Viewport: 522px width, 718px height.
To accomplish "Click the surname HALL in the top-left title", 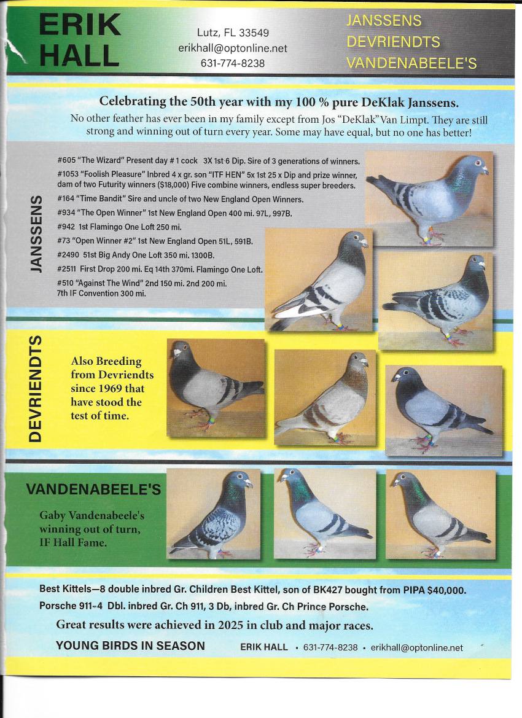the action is pyautogui.click(x=79, y=55).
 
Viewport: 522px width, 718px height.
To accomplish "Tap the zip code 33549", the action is pyautogui.click(x=254, y=33).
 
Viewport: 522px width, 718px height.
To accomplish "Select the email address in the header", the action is pyautogui.click(x=233, y=48).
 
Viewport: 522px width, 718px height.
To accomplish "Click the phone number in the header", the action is pyautogui.click(x=233, y=63).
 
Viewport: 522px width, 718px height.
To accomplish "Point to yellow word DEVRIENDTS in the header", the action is pyautogui.click(x=393, y=42).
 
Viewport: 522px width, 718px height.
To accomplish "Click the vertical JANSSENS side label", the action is pyautogui.click(x=36, y=233).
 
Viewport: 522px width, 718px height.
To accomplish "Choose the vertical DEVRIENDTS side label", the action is pyautogui.click(x=35, y=389).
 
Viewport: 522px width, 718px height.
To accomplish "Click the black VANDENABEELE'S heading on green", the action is pyautogui.click(x=93, y=490).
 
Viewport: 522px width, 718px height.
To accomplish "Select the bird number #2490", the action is pyautogui.click(x=68, y=255).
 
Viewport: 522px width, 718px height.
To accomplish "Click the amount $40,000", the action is pyautogui.click(x=446, y=590).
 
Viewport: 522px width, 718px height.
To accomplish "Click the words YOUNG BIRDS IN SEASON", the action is pyautogui.click(x=130, y=646).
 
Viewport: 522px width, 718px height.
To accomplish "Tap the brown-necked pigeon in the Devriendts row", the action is pyautogui.click(x=325, y=397).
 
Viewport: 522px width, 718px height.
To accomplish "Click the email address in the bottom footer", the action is pyautogui.click(x=417, y=647).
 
